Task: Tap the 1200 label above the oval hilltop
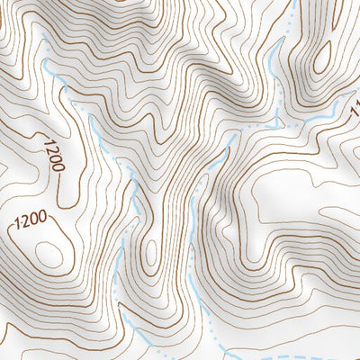pos(31,221)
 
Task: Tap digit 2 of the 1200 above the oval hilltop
pos(25,223)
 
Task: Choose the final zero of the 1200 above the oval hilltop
pos(45,219)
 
